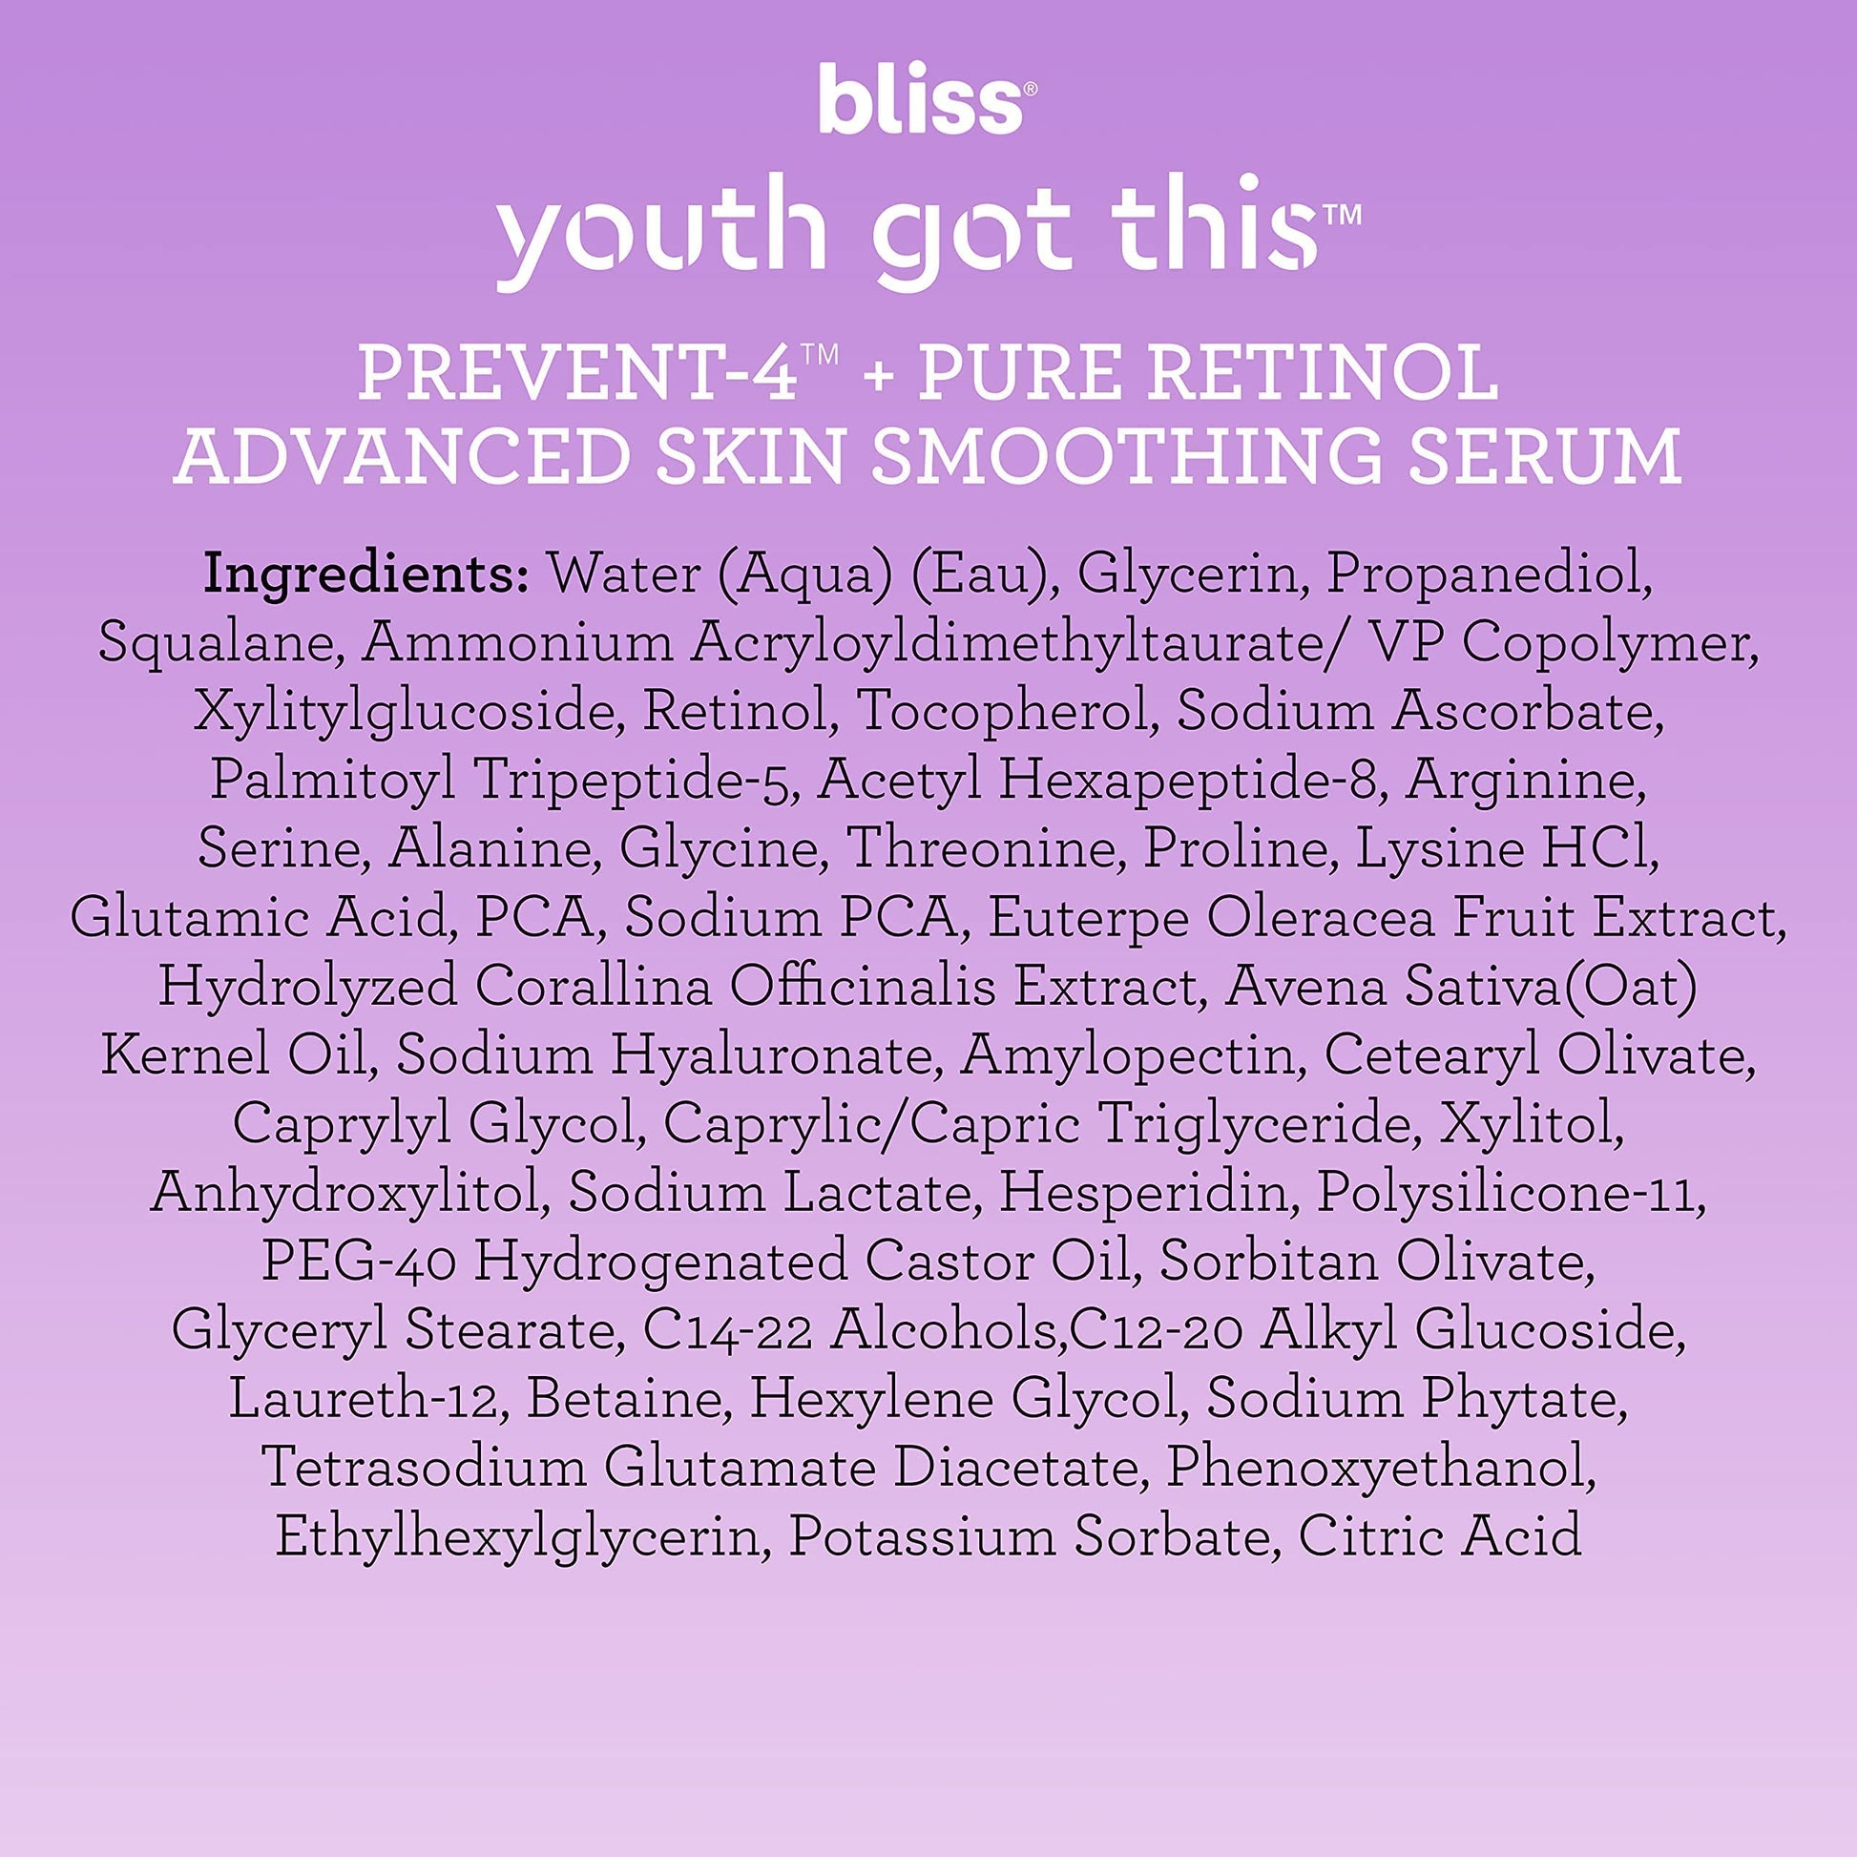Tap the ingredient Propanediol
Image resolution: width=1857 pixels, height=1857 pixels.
[1489, 574]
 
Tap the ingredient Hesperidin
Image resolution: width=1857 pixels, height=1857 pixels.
[1143, 1193]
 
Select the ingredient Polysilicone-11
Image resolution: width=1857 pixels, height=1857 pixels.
[1510, 1193]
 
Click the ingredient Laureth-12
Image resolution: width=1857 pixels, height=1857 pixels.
[365, 1400]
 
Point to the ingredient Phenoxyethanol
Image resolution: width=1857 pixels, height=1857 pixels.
[1380, 1468]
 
